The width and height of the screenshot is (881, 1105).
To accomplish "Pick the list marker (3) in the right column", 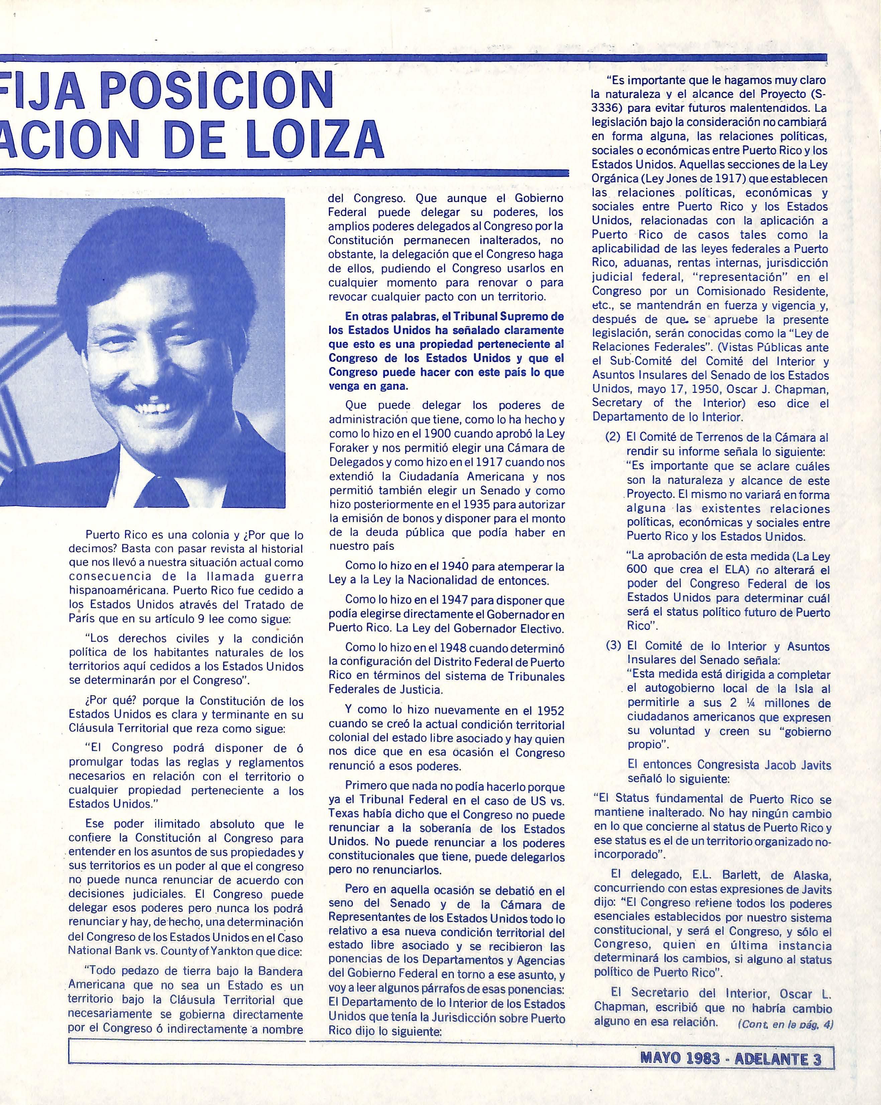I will click(613, 646).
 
